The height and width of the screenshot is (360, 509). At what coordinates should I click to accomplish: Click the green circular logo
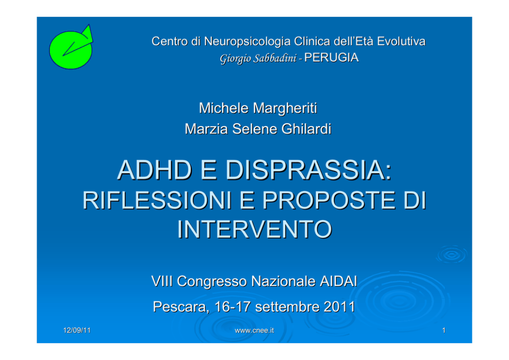coord(71,48)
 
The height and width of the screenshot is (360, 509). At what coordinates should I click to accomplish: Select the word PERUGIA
coord(331,58)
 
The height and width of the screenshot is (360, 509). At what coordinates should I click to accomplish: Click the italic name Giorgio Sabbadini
coord(258,58)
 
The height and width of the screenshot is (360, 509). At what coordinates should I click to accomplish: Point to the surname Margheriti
coord(285,108)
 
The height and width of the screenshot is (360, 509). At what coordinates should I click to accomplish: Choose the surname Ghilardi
coord(306,129)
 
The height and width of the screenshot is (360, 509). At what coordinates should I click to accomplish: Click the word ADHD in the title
coord(154,170)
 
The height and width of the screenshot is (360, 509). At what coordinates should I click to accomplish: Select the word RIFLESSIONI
coord(157,200)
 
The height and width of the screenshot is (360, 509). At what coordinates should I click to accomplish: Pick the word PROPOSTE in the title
coord(329,200)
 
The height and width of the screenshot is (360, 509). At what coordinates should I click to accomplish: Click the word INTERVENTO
coord(254,229)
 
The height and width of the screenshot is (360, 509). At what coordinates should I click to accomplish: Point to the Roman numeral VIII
coord(162,281)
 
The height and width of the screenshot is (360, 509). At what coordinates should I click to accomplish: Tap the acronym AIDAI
coord(338,281)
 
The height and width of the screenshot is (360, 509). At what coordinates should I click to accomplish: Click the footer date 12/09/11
coord(76,330)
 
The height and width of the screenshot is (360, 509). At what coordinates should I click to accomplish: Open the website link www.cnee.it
coord(254,330)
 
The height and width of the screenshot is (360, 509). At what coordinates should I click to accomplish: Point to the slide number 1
coord(444,330)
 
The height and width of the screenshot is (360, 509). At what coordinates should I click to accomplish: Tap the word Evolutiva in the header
coord(401,42)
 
